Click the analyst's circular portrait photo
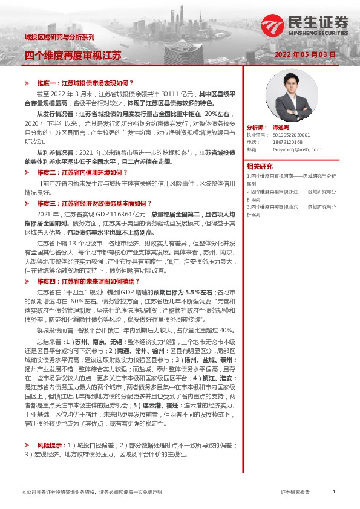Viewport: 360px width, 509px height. [x=283, y=88]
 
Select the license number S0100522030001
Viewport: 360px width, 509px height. [x=291, y=135]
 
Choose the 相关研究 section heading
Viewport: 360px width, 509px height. [x=260, y=166]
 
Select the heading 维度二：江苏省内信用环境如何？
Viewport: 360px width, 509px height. [x=85, y=173]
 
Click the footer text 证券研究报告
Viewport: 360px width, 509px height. [x=295, y=493]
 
